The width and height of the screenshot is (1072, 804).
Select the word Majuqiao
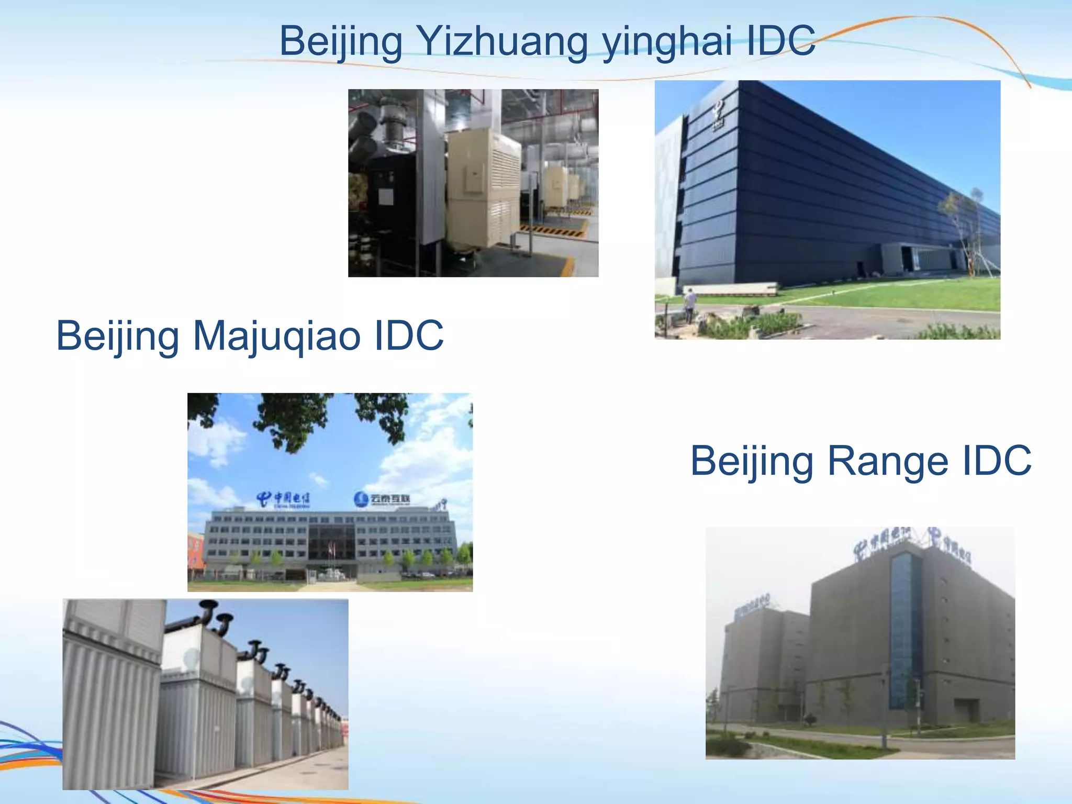pyautogui.click(x=277, y=336)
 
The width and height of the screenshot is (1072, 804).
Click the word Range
pyautogui.click(x=887, y=461)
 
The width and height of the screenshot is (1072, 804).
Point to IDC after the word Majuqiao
pyautogui.click(x=409, y=336)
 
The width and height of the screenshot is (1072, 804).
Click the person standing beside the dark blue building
pyautogui.click(x=690, y=305)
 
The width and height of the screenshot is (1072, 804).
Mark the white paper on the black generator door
pyautogui.click(x=386, y=196)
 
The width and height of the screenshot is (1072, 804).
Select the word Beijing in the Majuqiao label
pyautogui.click(x=118, y=336)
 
